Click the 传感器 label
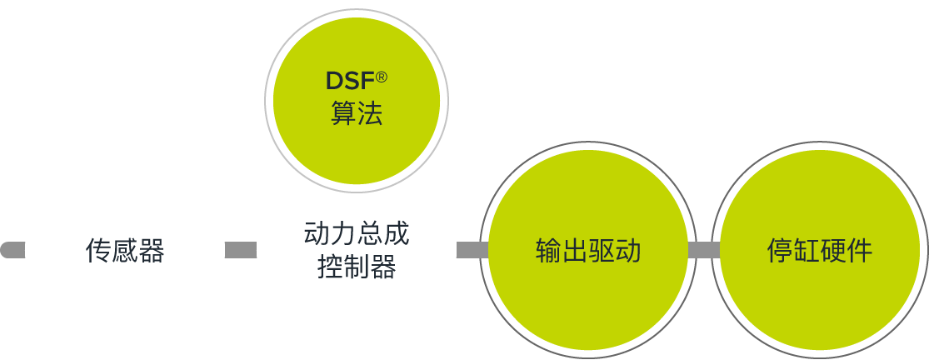125,251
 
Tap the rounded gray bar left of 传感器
12,250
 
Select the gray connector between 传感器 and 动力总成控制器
241,250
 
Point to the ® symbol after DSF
382,77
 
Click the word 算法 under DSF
356,113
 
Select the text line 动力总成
356,234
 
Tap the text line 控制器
356,267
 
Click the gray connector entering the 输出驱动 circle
472,250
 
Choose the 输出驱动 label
587,251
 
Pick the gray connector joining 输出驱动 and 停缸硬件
704,250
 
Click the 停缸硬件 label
819,251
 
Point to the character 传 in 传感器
98,251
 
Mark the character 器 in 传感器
152,251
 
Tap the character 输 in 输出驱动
548,251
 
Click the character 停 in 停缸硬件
780,251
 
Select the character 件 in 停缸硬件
860,251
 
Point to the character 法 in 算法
370,113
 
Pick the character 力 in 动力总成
343,234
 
